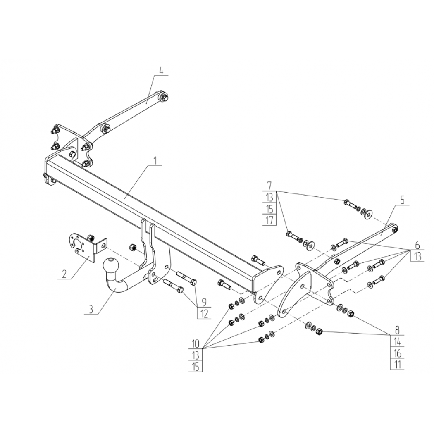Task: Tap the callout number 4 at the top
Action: click(x=161, y=70)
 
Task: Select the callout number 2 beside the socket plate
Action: click(x=64, y=274)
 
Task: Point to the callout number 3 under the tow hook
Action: click(x=91, y=310)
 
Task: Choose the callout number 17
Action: click(x=269, y=220)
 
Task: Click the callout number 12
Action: click(x=204, y=314)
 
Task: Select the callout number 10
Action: click(x=196, y=344)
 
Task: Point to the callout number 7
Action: click(x=269, y=185)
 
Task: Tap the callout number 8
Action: click(x=398, y=330)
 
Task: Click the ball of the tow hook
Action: click(x=111, y=266)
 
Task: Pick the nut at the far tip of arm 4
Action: click(x=165, y=98)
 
